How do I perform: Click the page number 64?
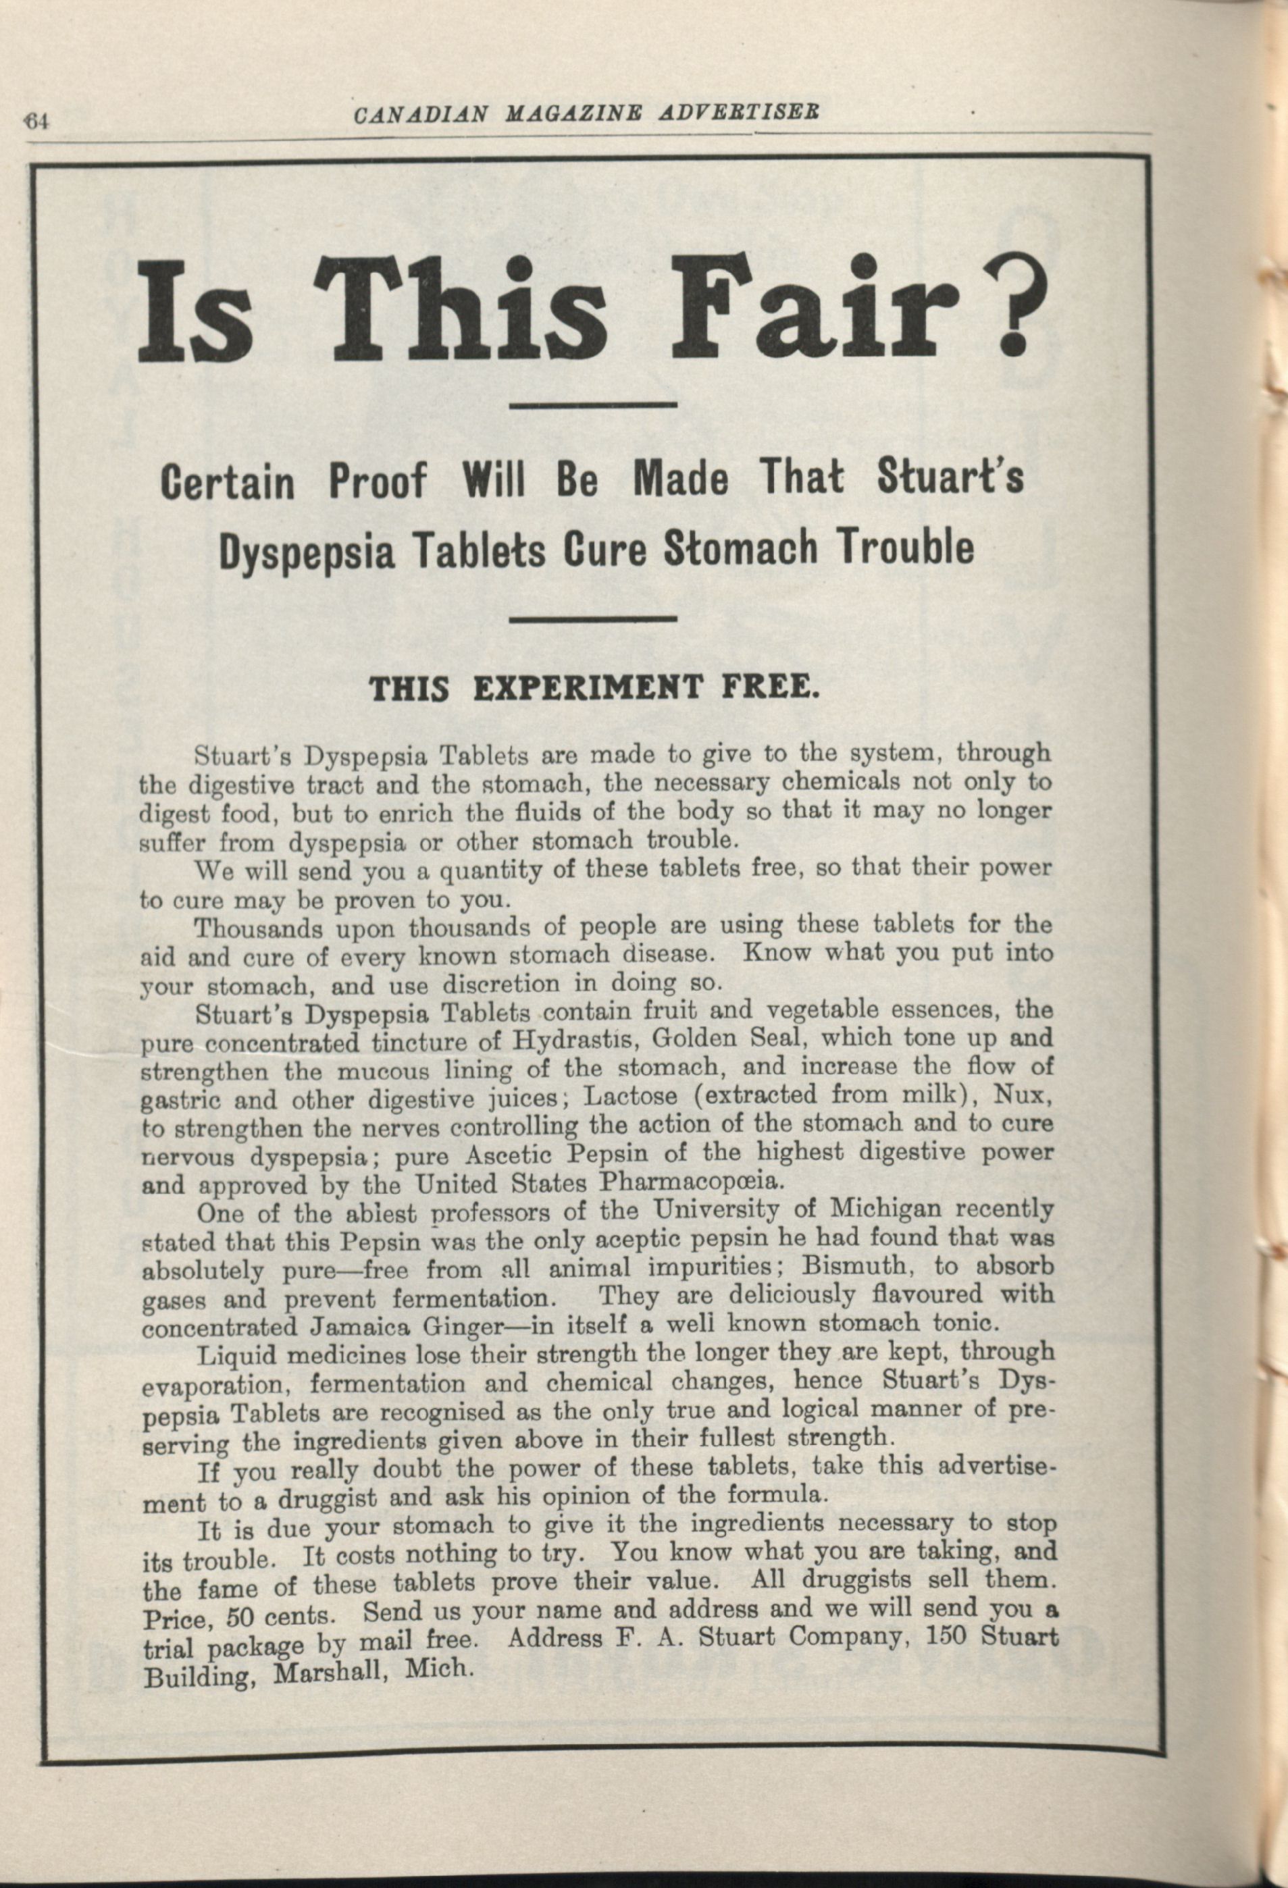(37, 123)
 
